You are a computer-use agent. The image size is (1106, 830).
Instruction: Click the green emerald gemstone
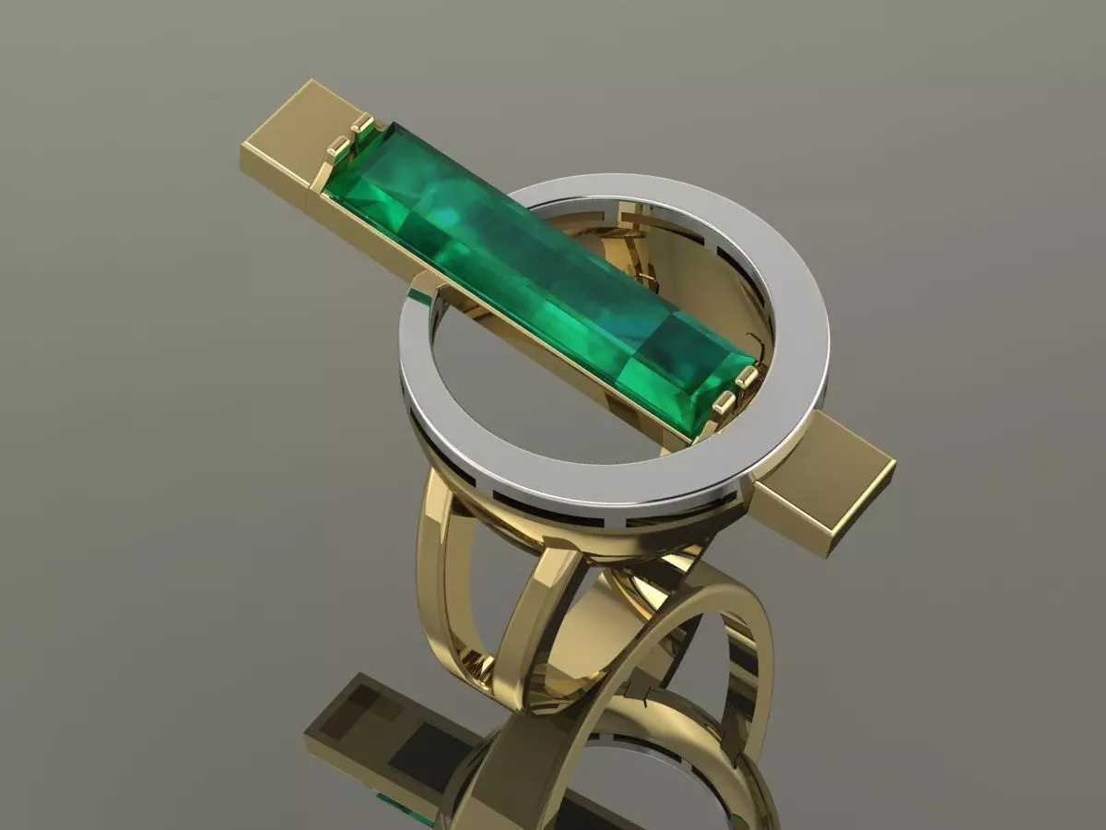pyautogui.click(x=516, y=267)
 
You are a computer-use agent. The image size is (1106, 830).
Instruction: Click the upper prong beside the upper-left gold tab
pyautogui.click(x=362, y=125)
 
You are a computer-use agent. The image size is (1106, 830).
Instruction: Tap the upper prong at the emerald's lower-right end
pyautogui.click(x=747, y=375)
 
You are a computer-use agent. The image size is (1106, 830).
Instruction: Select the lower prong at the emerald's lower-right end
pyautogui.click(x=724, y=402)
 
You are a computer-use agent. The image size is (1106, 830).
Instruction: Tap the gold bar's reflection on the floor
pyautogui.click(x=369, y=729)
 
